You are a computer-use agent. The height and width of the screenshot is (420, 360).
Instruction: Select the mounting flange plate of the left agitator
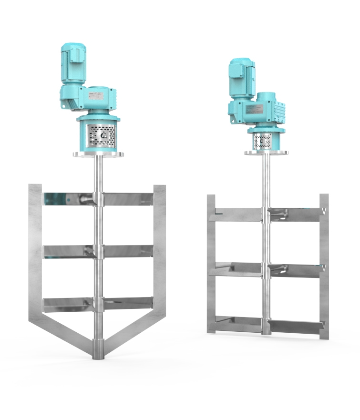point(99,154)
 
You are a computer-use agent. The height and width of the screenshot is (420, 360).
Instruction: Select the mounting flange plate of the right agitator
point(266,153)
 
